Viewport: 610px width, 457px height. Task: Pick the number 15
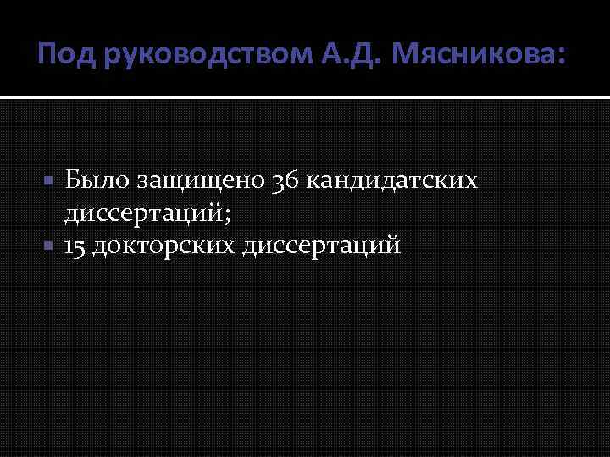point(79,246)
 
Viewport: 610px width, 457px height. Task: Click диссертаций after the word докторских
point(321,246)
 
